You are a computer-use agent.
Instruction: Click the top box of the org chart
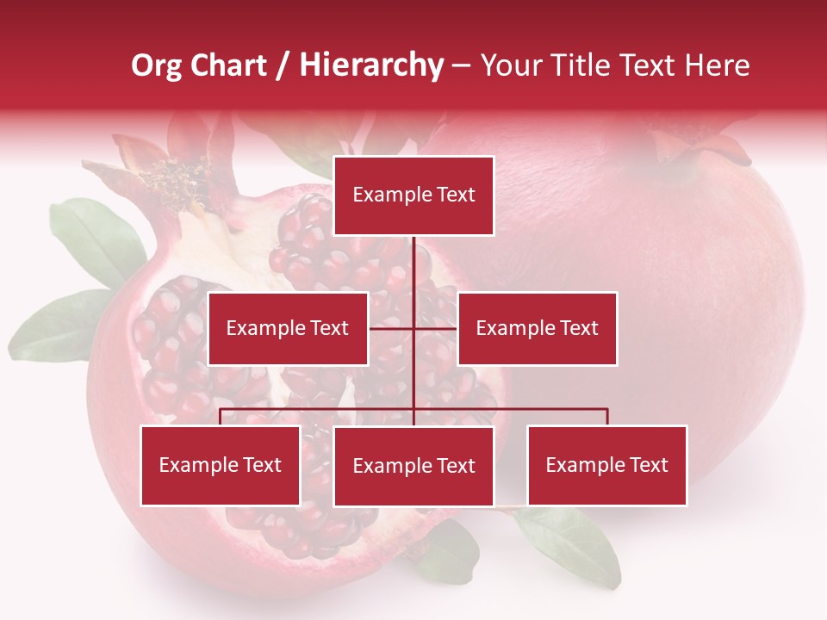[413, 195]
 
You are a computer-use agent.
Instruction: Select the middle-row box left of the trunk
[288, 328]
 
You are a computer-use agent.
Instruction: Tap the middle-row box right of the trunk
[537, 328]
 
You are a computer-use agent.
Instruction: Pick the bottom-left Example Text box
[221, 465]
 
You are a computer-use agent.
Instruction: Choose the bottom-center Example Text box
[413, 466]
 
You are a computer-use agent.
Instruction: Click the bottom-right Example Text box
[606, 465]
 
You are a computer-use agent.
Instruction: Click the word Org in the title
[157, 65]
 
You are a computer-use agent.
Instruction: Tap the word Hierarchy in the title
[370, 65]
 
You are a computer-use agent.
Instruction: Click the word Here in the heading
[717, 65]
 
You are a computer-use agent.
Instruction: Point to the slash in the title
[282, 65]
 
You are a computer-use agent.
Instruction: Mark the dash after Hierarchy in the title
[461, 65]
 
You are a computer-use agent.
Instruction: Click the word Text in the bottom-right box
[648, 465]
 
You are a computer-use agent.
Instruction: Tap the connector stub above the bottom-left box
[221, 417]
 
